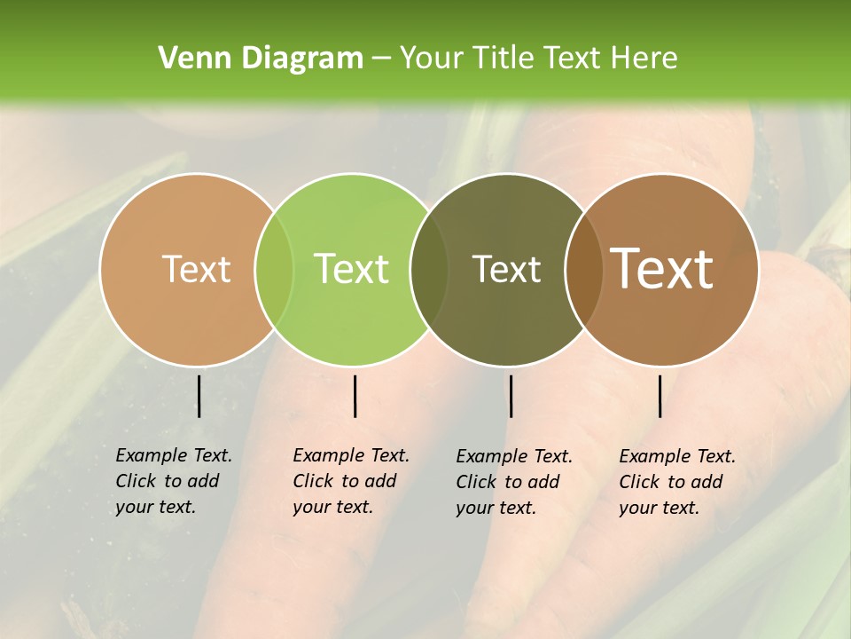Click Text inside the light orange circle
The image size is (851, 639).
coord(196,269)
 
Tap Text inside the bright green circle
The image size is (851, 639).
coord(352,269)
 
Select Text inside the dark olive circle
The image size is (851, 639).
coord(507,269)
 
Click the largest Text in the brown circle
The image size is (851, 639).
coord(662,269)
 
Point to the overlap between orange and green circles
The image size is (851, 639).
coord(274,270)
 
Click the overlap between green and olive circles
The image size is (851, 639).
coord(429,270)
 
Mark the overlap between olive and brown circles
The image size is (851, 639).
coord(583,270)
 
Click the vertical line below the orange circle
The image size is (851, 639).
coord(199,396)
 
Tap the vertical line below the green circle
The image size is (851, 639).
coord(355,396)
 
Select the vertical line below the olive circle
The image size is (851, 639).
coord(511,396)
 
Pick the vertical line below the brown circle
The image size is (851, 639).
coord(660,396)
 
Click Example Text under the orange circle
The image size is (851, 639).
coord(174,455)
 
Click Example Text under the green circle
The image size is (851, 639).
coord(351,455)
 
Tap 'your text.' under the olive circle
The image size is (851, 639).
coord(496,509)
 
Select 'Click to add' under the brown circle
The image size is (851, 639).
coord(670,482)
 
